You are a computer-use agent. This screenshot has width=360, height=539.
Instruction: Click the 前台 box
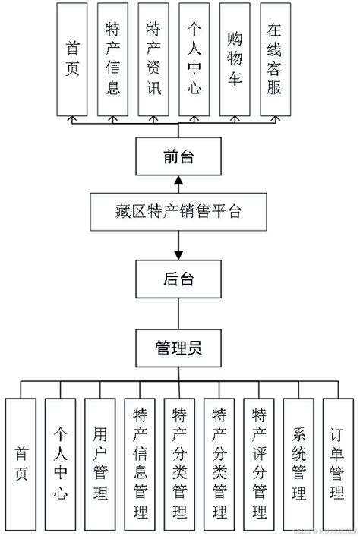(179, 157)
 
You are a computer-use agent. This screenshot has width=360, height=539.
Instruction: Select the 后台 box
(179, 279)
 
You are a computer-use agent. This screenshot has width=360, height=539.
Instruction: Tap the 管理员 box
(179, 348)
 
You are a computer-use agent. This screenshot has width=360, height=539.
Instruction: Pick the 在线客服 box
(275, 58)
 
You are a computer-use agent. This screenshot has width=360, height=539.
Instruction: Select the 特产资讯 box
(153, 58)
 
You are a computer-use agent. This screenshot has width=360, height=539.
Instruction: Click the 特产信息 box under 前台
(112, 58)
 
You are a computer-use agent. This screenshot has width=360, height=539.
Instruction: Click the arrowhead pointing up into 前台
(179, 181)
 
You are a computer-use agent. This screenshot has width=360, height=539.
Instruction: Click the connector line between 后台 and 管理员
(179, 314)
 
